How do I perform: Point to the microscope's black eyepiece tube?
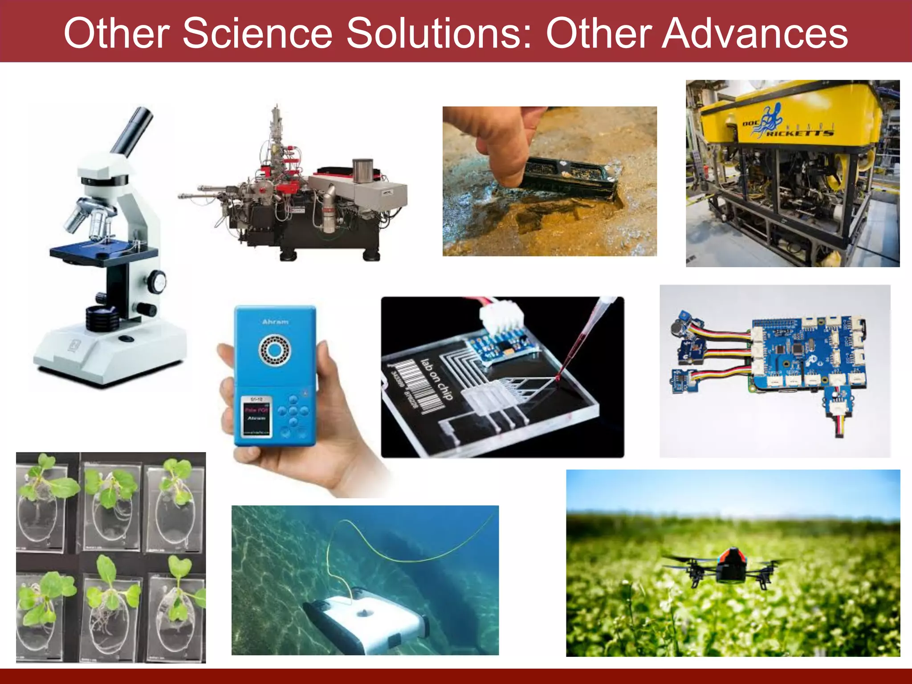pyautogui.click(x=132, y=131)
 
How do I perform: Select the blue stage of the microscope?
pyautogui.click(x=103, y=250)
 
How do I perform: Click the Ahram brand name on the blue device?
pyautogui.click(x=275, y=322)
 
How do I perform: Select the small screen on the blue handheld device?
pyautogui.click(x=256, y=415)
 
